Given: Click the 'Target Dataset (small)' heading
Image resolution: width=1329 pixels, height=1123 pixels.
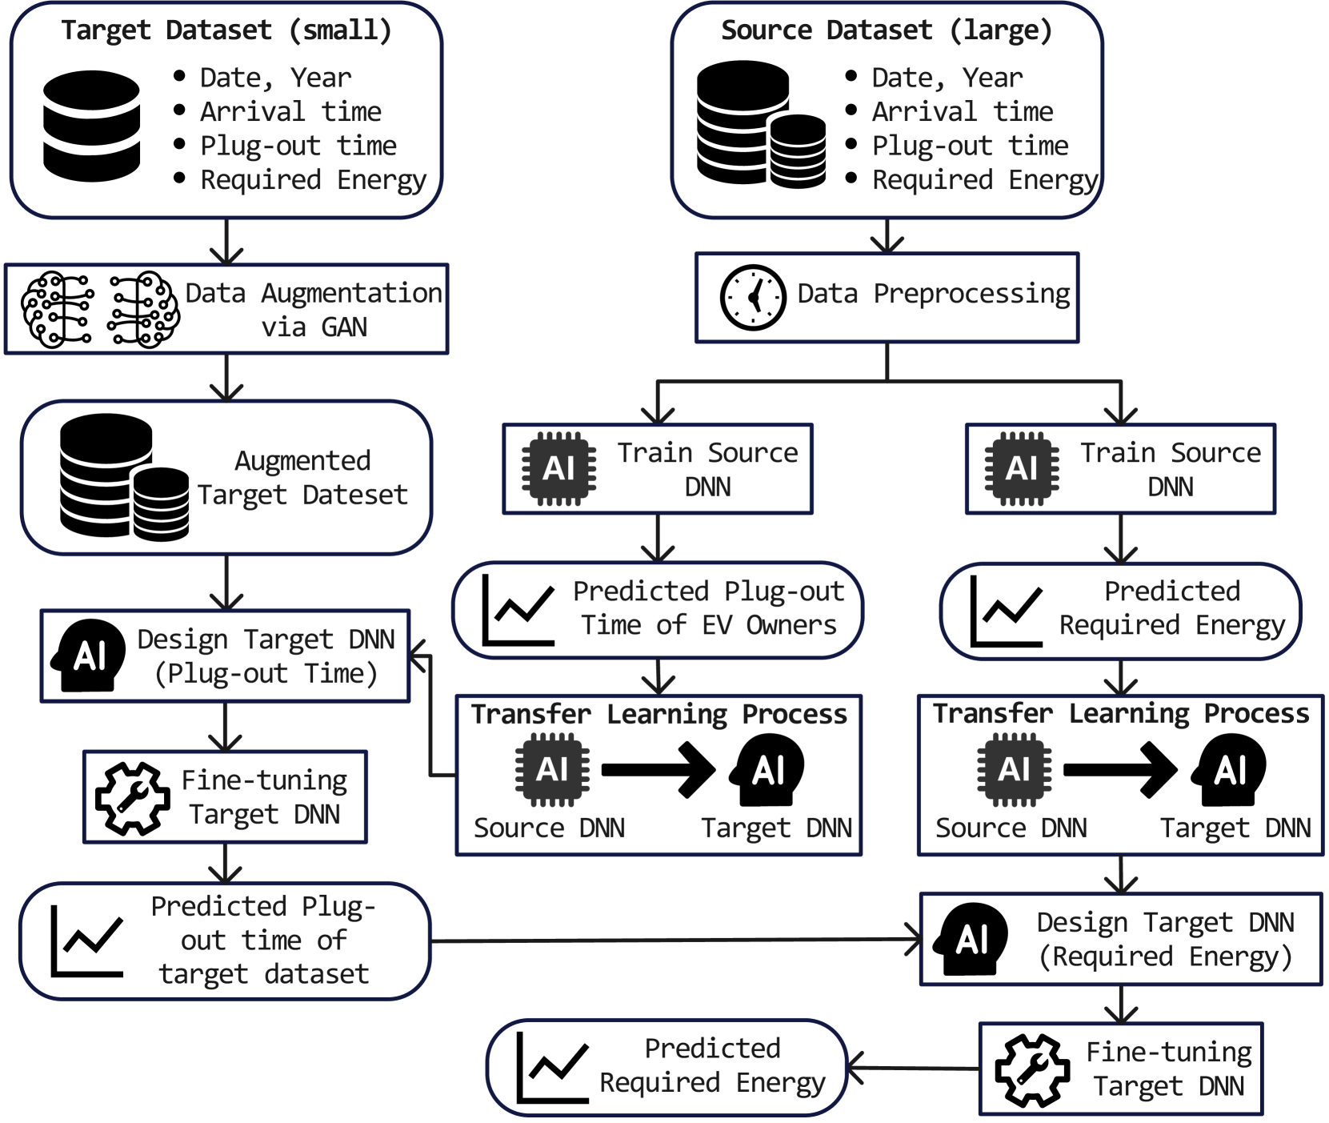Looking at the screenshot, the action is pos(226,31).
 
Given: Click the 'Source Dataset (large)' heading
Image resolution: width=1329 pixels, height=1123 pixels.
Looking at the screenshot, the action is pos(886,31).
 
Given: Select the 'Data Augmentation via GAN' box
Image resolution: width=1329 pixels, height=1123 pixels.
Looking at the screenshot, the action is pos(226,309).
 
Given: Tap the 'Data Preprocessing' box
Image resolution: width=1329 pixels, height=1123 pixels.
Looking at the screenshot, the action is pos(887,297).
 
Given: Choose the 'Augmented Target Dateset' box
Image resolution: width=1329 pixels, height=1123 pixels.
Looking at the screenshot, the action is pos(226,478).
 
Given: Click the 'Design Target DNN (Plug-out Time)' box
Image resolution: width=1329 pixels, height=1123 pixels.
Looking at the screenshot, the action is pos(226,656).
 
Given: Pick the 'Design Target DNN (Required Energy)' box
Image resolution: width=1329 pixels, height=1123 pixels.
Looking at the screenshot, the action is pos(1120,939).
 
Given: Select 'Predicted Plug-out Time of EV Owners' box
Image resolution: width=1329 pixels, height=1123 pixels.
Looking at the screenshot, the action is pos(658,609).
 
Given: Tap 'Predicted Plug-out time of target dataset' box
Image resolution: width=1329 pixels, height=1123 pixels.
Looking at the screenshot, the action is pos(226,941).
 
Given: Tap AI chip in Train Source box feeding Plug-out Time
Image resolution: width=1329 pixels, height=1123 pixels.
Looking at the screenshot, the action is pos(558,469).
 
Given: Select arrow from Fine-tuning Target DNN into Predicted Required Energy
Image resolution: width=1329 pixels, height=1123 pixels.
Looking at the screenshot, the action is pos(912,1068).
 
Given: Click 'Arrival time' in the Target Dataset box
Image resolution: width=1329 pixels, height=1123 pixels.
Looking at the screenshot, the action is pos(290,112).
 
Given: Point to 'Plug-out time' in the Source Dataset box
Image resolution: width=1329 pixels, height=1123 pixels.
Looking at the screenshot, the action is pos(970,146).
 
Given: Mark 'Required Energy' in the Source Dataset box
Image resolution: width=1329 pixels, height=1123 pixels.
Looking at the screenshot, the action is pos(985,181).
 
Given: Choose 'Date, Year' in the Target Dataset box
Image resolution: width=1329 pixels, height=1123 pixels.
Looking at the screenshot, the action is pos(275,78).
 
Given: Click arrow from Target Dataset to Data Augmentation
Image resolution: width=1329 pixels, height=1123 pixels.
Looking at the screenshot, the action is pos(226,242).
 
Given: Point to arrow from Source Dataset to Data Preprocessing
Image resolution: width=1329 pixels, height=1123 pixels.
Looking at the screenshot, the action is pos(887,236).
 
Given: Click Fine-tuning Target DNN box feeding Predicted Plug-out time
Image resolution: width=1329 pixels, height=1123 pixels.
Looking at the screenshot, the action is pos(226,797).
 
